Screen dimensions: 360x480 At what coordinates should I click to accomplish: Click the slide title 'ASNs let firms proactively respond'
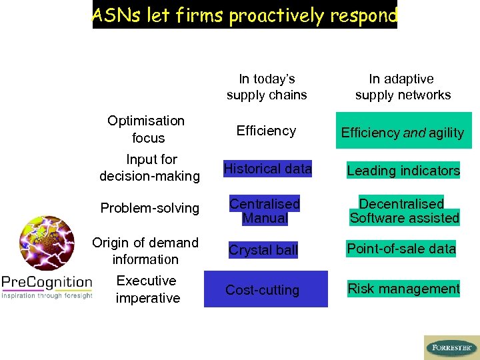pos(244,15)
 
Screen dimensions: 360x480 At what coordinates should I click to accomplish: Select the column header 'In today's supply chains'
pos(267,87)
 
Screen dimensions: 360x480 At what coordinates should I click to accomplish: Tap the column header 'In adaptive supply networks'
pos(403,87)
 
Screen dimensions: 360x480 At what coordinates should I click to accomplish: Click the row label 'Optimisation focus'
pos(147,129)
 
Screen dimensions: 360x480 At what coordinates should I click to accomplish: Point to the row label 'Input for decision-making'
pos(150,168)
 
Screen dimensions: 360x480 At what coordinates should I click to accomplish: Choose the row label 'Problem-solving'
pos(150,208)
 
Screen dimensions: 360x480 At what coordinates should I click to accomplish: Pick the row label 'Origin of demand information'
pos(145,251)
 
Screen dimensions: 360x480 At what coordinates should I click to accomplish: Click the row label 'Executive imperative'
pos(147,289)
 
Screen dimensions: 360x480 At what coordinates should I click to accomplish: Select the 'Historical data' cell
pos(267,169)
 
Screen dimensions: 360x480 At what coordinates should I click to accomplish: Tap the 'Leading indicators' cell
pos(403,171)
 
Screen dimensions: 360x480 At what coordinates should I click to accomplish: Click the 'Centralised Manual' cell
pos(265,211)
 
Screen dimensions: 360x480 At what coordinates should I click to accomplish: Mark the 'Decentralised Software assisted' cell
pos(404,211)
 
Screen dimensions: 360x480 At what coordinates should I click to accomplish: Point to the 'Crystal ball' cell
pos(263,251)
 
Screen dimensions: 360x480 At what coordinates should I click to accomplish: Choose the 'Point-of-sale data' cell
pos(401,249)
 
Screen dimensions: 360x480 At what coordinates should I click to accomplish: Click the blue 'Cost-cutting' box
pos(265,289)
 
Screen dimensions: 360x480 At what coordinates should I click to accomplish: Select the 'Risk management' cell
pos(403,289)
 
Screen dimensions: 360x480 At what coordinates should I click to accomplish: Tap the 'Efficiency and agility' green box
pos(403,131)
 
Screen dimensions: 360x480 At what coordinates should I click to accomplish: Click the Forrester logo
pos(451,347)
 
